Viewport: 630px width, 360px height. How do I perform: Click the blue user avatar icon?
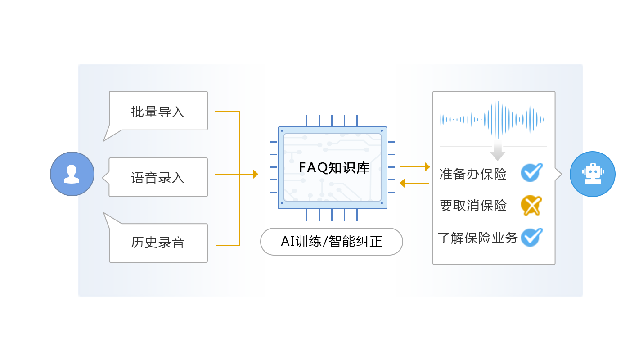72,174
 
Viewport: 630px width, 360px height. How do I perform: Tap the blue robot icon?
592,174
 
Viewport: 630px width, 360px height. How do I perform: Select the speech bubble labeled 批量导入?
158,111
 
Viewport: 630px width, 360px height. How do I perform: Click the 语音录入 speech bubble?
158,177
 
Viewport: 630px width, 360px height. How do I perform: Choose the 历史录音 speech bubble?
158,243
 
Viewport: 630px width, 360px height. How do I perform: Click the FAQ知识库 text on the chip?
334,168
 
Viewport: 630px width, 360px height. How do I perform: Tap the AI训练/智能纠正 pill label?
331,242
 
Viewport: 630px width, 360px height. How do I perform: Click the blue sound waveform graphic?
493,119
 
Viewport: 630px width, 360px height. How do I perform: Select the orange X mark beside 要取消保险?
531,206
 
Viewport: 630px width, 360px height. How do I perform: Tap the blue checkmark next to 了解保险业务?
531,237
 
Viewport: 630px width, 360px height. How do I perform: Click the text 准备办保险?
473,174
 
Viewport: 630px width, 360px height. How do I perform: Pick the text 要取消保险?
473,206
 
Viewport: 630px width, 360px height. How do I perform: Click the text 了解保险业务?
477,238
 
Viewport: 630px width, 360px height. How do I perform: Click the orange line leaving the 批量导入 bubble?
227,111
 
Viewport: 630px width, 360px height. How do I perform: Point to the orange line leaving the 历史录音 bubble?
228,245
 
